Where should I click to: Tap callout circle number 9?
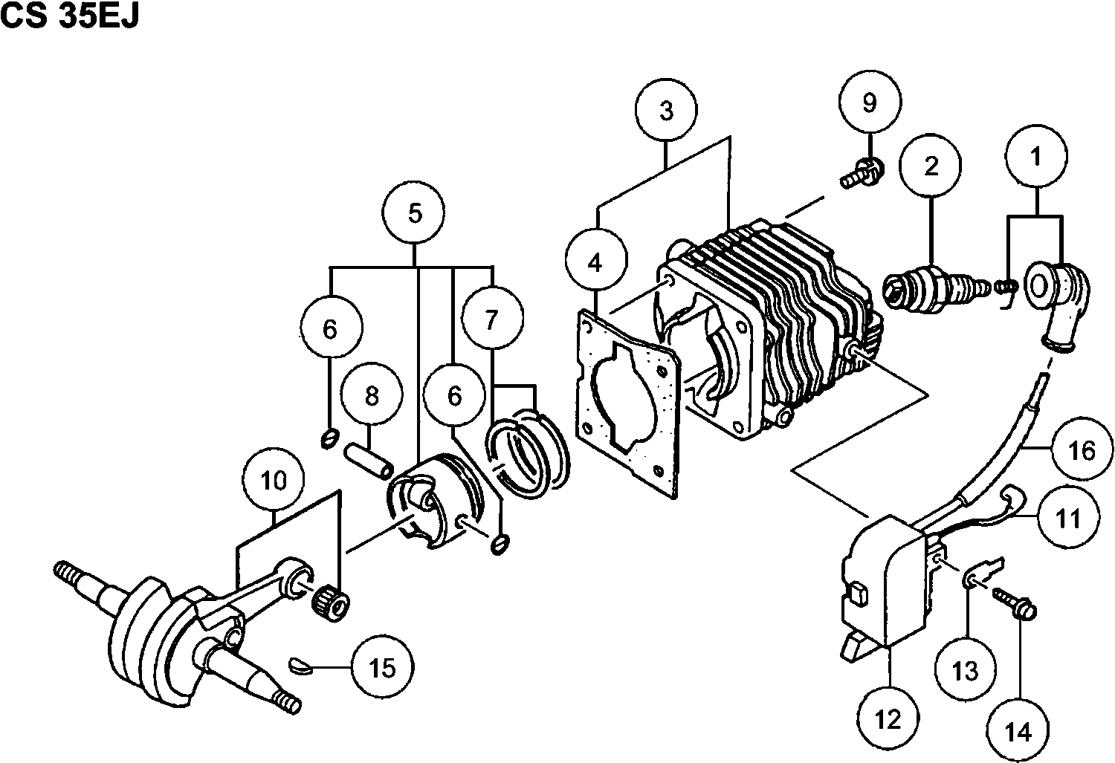pos(870,103)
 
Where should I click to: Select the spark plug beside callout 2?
pos(933,287)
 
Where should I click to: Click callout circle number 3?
pos(666,111)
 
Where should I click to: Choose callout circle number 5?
pos(415,213)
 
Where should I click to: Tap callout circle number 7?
pos(491,320)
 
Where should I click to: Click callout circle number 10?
pos(274,481)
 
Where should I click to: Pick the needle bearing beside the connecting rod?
pos(330,602)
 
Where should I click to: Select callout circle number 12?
pos(888,718)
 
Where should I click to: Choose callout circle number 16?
pos(1082,450)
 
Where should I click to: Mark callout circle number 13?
pos(966,671)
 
